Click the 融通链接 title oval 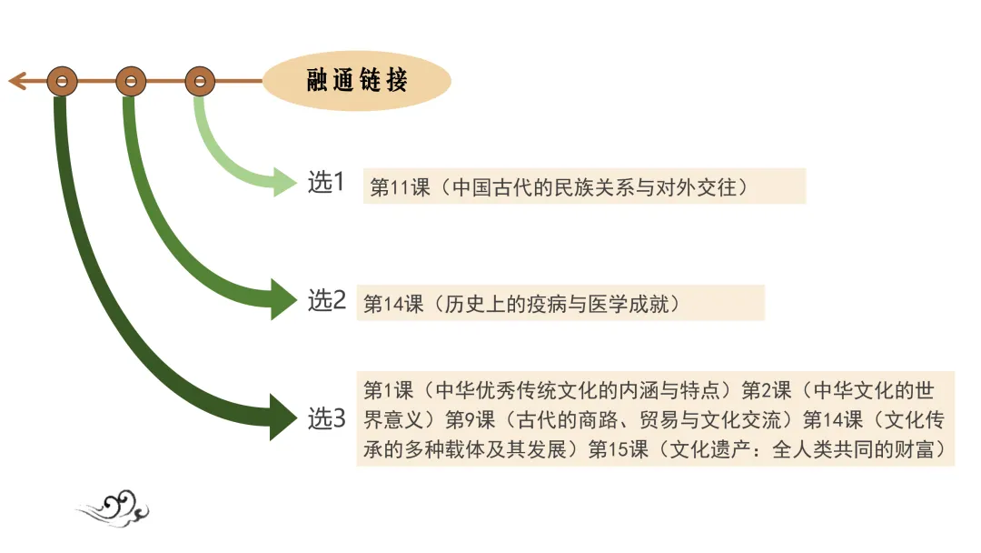[x=357, y=81]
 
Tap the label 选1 [x=326, y=183]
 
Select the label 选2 [x=327, y=300]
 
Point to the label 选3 [x=327, y=419]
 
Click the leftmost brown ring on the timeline [x=62, y=82]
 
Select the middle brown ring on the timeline [x=131, y=82]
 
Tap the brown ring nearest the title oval [x=200, y=82]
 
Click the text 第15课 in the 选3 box [x=619, y=449]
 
